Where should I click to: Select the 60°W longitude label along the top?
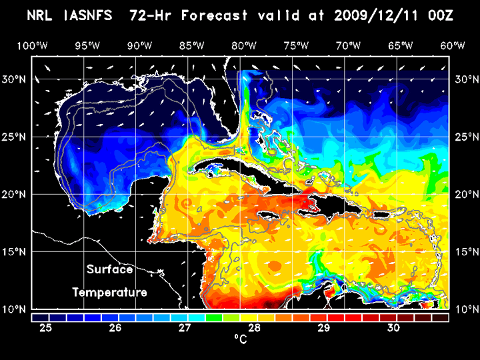click(x=453, y=45)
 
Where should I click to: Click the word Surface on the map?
click(x=109, y=270)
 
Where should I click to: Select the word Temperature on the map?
click(x=109, y=293)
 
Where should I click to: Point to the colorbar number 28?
click(x=255, y=328)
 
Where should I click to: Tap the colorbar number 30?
click(x=393, y=328)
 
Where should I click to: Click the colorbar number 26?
click(x=115, y=328)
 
